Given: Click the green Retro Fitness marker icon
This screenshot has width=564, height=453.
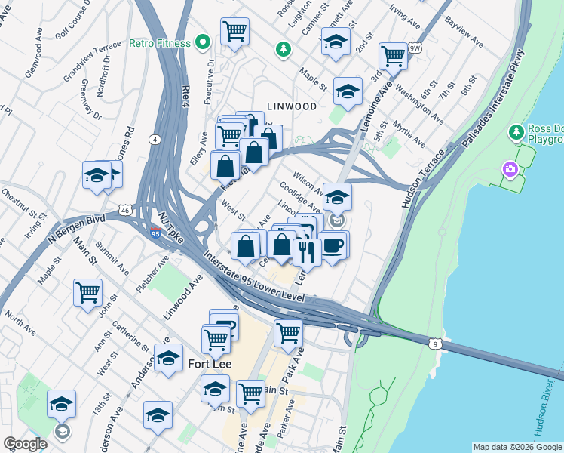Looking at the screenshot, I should [x=201, y=42].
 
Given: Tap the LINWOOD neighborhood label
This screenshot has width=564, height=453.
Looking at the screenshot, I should [x=290, y=106].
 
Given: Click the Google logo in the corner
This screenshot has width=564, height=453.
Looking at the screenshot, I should [x=25, y=444].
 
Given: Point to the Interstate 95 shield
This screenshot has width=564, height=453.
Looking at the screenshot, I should [x=155, y=233].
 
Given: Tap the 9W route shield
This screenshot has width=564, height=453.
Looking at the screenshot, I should [x=414, y=48].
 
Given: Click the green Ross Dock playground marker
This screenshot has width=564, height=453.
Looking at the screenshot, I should [x=516, y=133].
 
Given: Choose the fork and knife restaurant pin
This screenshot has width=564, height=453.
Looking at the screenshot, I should [x=306, y=251].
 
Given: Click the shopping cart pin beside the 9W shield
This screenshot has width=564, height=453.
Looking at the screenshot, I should [x=393, y=55].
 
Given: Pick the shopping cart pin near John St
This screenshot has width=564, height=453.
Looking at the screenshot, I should [x=87, y=291].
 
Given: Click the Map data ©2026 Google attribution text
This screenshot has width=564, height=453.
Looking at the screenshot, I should [x=516, y=447].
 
